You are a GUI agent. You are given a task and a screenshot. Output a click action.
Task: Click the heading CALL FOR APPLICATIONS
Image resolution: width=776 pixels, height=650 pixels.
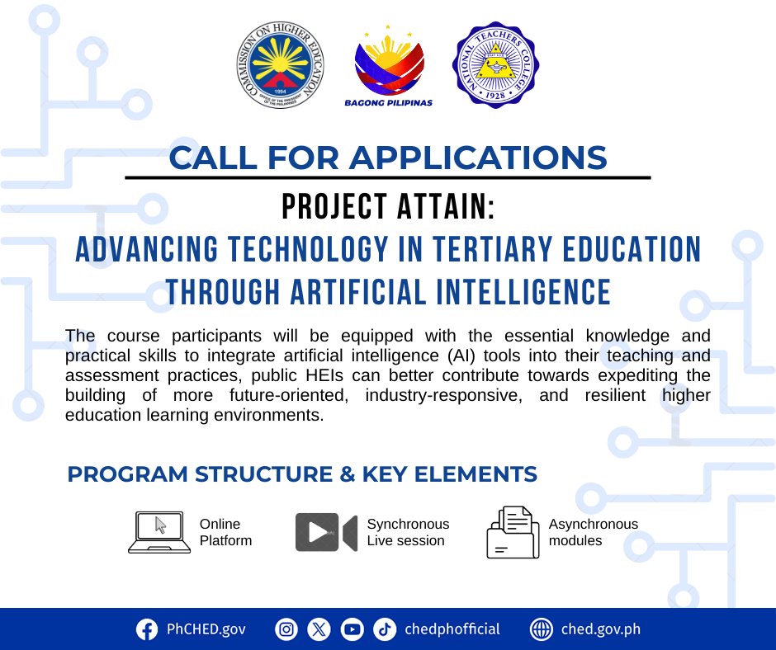[387, 157]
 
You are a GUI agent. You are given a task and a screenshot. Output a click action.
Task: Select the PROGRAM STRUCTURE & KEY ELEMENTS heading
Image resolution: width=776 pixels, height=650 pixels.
[302, 474]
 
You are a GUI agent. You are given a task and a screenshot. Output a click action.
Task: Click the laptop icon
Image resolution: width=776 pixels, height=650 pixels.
[159, 532]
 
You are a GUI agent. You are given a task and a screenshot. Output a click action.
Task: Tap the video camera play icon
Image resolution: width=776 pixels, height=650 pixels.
[325, 532]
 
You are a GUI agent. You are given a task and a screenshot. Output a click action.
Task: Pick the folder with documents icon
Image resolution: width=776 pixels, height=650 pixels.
[513, 532]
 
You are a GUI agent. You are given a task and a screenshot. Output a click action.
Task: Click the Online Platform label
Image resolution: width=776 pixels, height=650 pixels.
[225, 532]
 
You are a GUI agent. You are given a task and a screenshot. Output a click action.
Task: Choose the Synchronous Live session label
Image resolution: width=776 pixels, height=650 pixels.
[408, 532]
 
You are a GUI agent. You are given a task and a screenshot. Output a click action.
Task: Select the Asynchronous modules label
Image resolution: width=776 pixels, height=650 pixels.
[593, 532]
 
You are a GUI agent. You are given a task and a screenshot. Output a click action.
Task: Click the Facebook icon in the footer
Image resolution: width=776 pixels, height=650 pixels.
[147, 629]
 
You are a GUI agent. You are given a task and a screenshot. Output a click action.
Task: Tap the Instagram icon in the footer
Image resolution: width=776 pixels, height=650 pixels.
[286, 629]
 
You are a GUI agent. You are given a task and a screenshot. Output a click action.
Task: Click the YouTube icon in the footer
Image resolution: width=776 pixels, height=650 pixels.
[352, 629]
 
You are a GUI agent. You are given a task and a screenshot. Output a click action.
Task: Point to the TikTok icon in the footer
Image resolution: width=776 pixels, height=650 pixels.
[384, 629]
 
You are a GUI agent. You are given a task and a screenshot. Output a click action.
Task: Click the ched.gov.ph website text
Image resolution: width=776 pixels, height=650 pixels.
[600, 629]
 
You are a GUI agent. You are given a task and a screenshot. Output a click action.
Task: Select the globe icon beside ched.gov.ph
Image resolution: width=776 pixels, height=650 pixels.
[541, 629]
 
